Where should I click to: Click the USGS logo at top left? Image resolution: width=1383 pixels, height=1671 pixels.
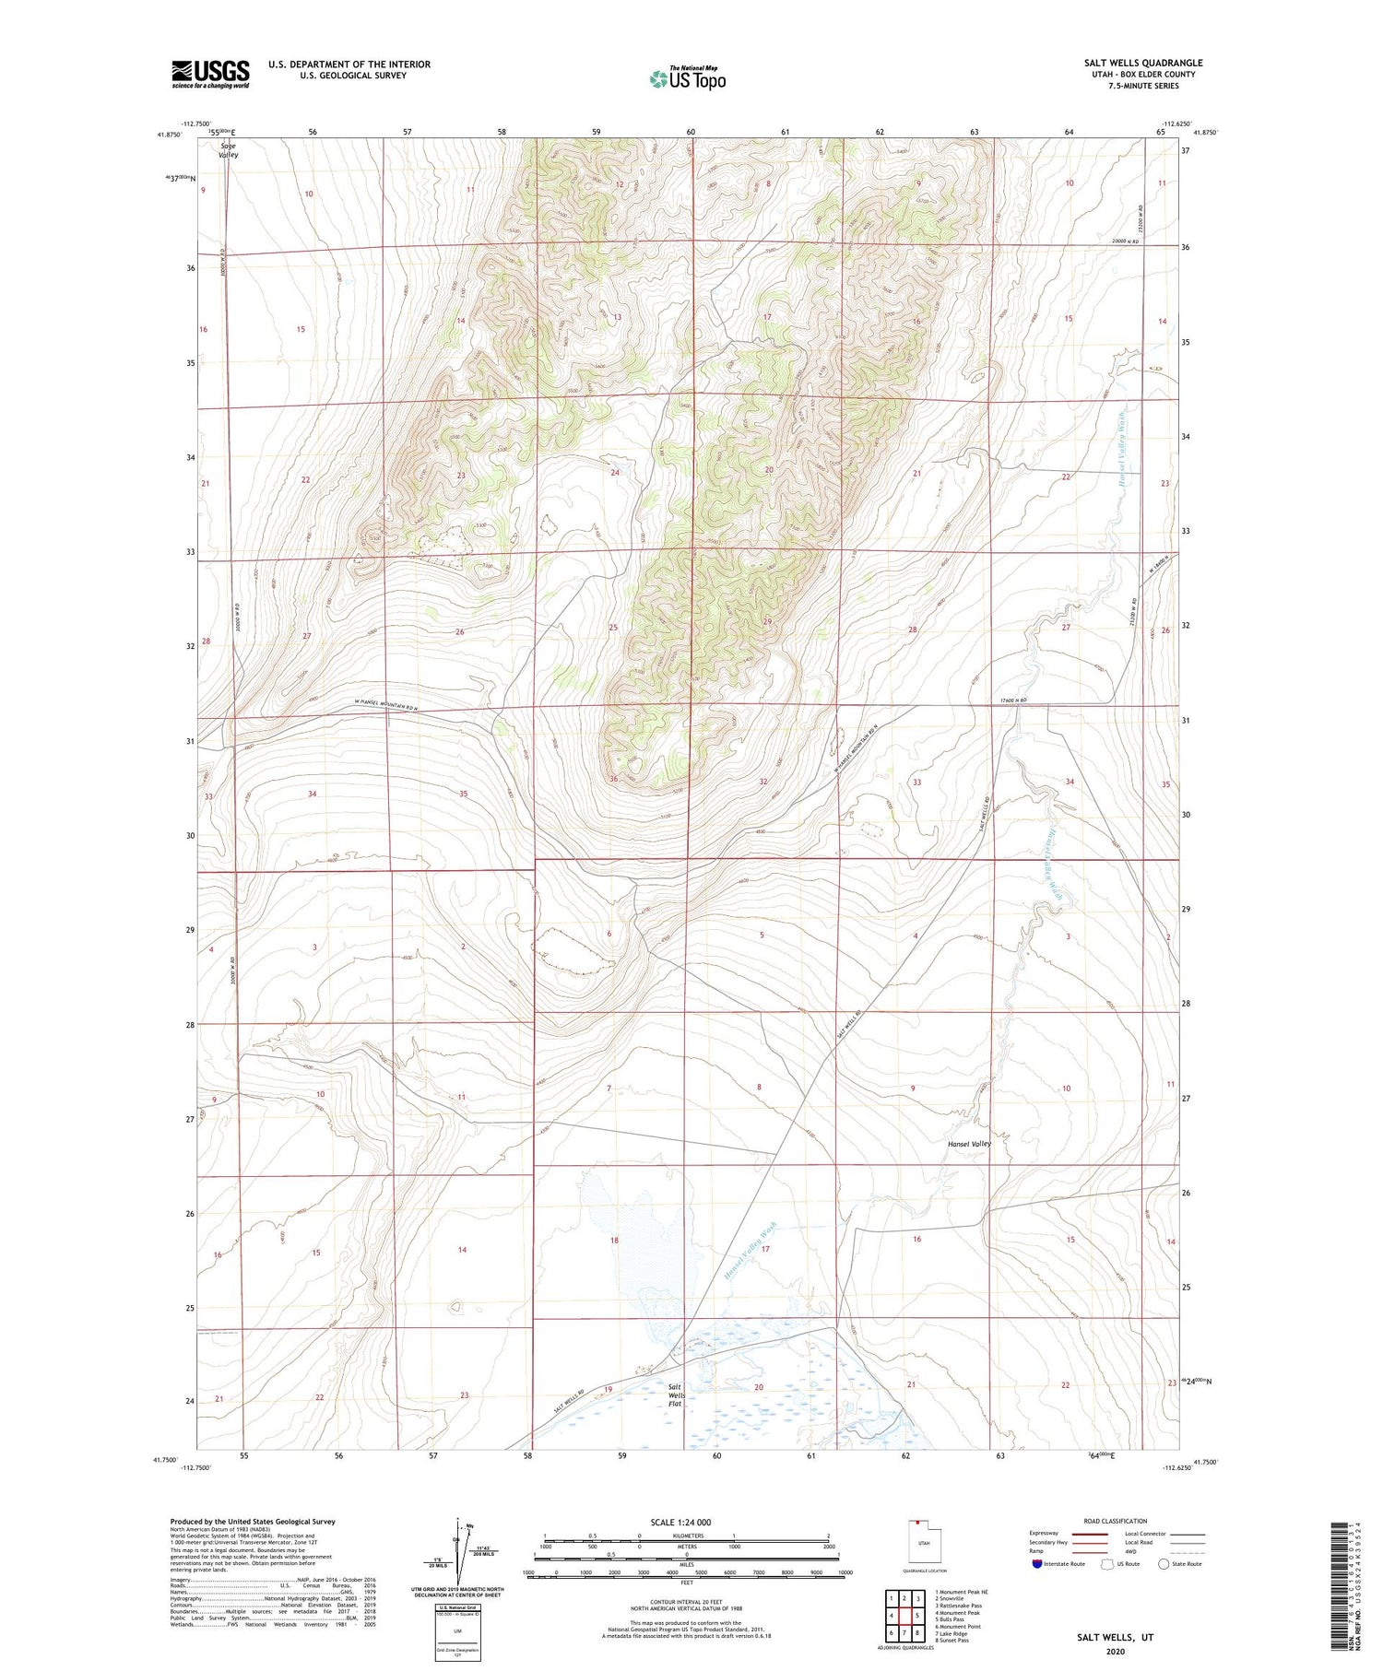(210, 74)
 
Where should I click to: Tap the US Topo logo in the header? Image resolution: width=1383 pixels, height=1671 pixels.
(687, 79)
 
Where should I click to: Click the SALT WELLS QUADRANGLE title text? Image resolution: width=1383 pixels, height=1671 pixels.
(1142, 63)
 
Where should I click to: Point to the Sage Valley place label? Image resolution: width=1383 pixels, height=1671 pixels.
(228, 150)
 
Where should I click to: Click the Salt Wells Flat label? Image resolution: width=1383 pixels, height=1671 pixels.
(676, 1395)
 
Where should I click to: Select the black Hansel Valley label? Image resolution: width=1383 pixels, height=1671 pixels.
(969, 1144)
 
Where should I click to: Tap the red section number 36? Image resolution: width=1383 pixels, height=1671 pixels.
(613, 779)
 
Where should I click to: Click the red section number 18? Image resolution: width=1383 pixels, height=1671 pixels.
(614, 1241)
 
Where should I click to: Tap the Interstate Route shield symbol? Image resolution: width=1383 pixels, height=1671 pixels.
(1037, 1564)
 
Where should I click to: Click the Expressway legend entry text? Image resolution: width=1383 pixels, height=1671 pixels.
(1046, 1534)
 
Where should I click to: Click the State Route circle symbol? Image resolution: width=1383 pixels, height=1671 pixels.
(1164, 1564)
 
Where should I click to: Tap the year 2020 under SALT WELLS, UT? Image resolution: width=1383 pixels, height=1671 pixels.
(1115, 1651)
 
